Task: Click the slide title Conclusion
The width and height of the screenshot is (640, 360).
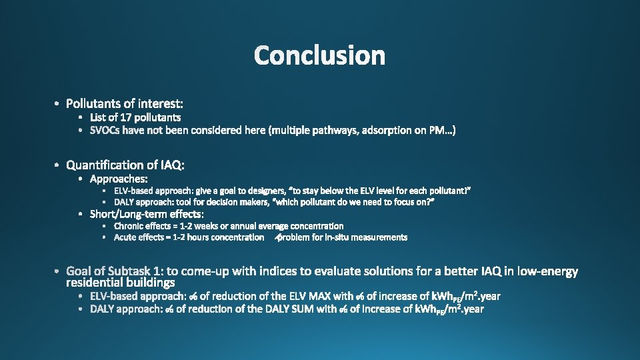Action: (319, 55)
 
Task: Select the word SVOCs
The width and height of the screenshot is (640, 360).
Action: (105, 131)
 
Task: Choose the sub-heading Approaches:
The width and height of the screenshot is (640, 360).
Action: (119, 179)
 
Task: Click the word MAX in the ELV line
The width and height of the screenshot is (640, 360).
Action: (341, 296)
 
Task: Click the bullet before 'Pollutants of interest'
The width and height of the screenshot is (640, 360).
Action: (58, 103)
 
